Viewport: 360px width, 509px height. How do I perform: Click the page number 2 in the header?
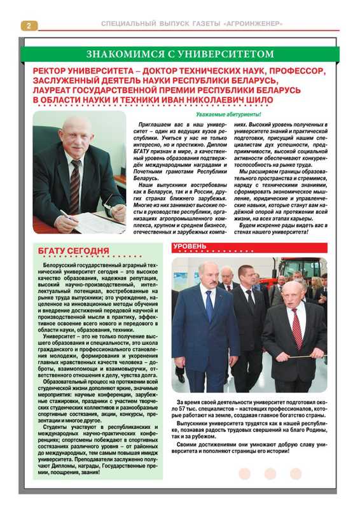click(x=29, y=25)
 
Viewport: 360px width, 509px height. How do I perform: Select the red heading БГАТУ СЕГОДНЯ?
click(x=74, y=251)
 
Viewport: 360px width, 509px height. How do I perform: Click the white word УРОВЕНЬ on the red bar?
click(x=190, y=246)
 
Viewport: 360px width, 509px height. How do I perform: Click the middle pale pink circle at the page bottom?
click(x=270, y=473)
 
